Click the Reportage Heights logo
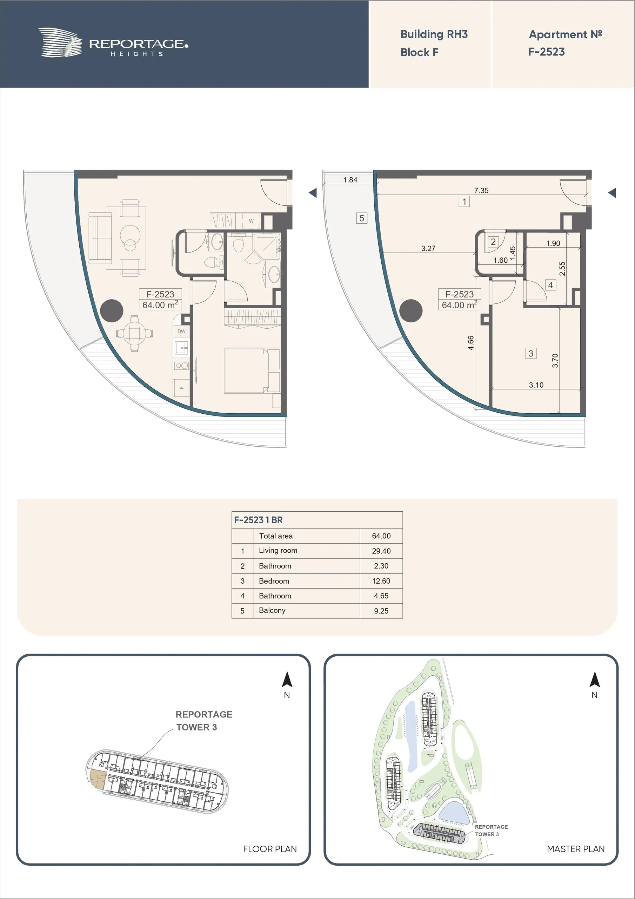tap(113, 43)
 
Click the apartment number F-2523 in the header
tap(547, 52)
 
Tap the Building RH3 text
tap(434, 34)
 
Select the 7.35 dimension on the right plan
tap(481, 190)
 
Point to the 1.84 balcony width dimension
tap(350, 180)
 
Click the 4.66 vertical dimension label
tap(471, 343)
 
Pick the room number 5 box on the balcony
tap(361, 218)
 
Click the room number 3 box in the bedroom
tap(530, 353)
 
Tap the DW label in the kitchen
tap(181, 331)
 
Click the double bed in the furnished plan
tap(252, 370)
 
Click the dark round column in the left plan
tap(112, 310)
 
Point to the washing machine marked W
tap(251, 221)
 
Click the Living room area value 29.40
tap(381, 551)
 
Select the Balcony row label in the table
tap(272, 610)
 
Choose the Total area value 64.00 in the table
tap(381, 536)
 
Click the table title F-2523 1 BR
tap(258, 520)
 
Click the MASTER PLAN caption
tap(575, 849)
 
